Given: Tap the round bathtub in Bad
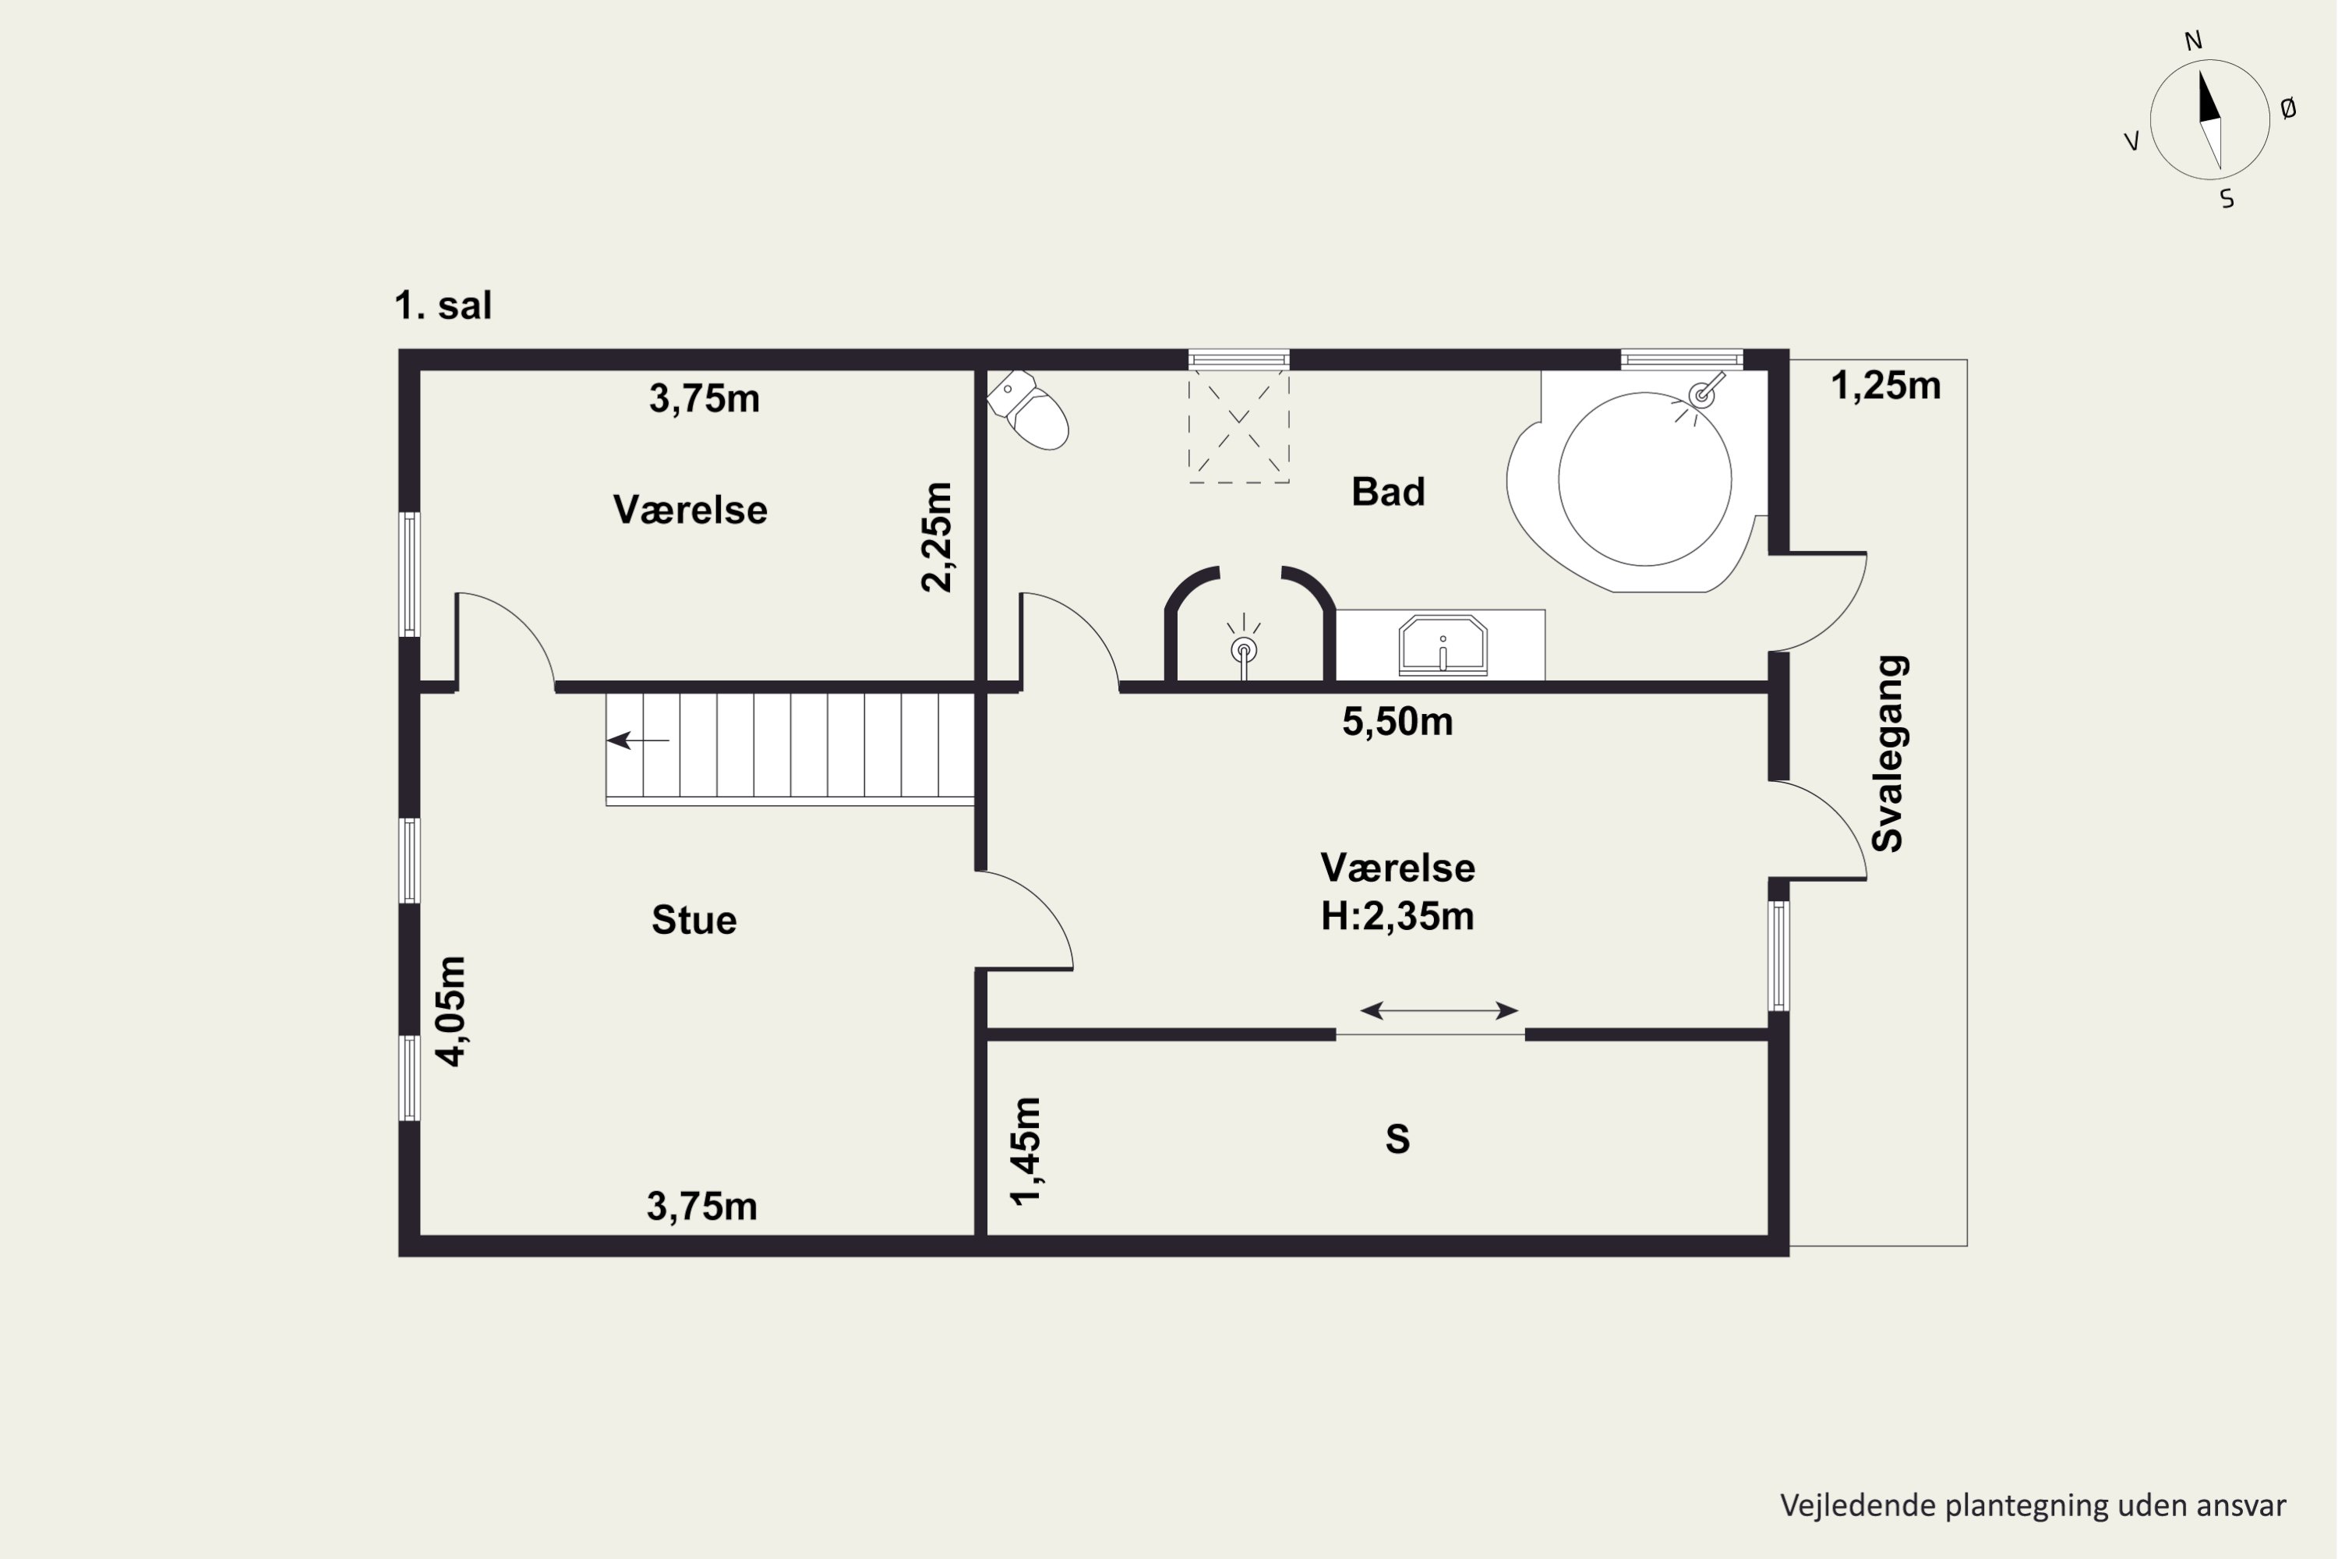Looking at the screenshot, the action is point(1645,479).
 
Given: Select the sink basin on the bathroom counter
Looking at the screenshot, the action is point(1443,645).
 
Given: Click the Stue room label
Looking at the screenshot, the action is point(694,920).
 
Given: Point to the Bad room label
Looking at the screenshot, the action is point(1388,491).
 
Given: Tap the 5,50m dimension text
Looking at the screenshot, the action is point(1397,722).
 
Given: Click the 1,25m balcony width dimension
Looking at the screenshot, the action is point(1886,385).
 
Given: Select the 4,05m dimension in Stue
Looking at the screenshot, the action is point(450,1011).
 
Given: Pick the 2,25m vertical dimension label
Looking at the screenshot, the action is point(937,537).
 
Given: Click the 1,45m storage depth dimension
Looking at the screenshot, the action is point(1025,1151).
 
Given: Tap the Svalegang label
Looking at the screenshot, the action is point(1887,754).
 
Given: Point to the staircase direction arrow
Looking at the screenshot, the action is point(638,740).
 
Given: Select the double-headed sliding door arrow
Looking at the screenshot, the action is point(1439,1011).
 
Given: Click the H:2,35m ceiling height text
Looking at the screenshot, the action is point(1397,916).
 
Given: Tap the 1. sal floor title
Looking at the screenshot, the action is point(443,306).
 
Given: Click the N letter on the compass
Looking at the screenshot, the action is point(2193,41).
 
